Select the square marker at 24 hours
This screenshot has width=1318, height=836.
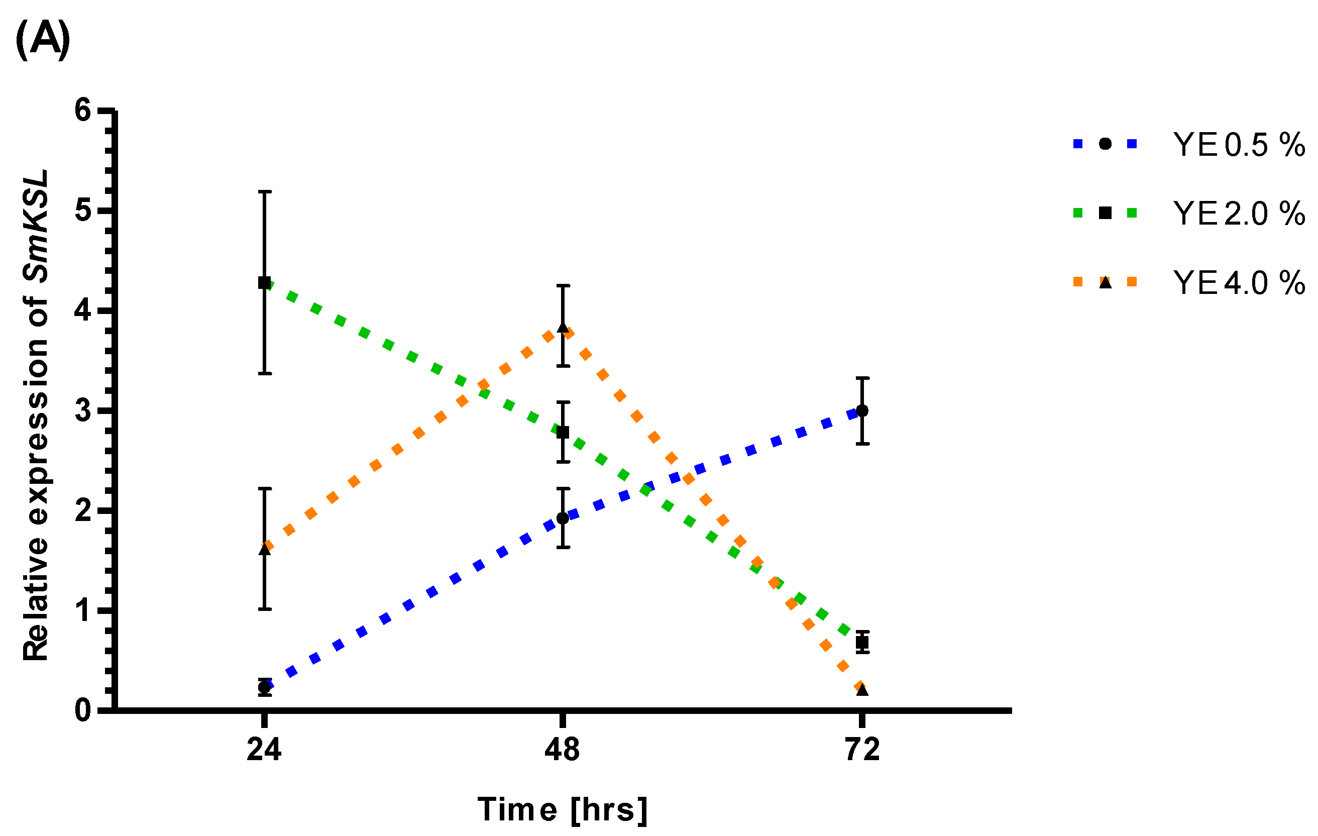point(264,283)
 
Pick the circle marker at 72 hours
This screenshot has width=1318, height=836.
point(862,410)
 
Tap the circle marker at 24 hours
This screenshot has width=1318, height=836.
point(264,687)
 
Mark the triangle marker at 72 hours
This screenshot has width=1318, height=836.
point(862,690)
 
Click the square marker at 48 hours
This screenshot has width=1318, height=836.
point(563,433)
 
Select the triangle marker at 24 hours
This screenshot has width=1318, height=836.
point(264,549)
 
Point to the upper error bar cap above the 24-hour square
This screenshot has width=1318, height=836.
point(264,191)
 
